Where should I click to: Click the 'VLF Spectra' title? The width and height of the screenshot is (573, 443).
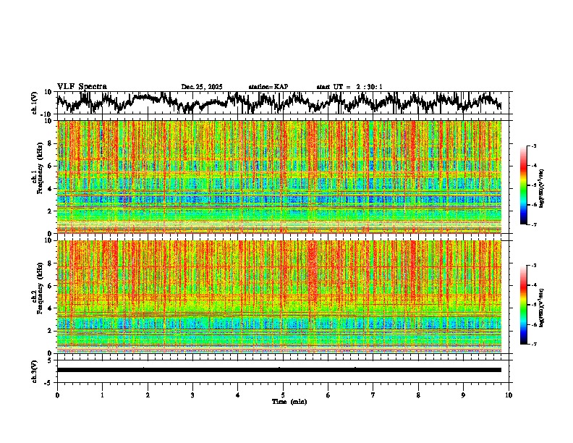82,86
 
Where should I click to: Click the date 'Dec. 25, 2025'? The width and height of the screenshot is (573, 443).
201,87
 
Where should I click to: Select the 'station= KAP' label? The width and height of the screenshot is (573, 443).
268,87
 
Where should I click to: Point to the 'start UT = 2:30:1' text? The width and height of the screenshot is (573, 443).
349,87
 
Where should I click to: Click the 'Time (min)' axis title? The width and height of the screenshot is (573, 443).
289,401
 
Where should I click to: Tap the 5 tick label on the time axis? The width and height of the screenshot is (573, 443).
283,395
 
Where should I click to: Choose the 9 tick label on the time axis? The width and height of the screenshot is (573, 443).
464,395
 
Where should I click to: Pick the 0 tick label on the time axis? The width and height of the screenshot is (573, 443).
57,395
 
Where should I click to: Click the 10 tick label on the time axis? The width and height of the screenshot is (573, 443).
509,395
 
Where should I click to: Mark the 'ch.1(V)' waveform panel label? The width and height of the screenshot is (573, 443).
35,104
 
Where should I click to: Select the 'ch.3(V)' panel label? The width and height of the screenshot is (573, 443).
35,370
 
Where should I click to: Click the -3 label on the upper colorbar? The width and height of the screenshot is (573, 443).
535,146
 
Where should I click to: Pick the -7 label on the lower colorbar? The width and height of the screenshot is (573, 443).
535,345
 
